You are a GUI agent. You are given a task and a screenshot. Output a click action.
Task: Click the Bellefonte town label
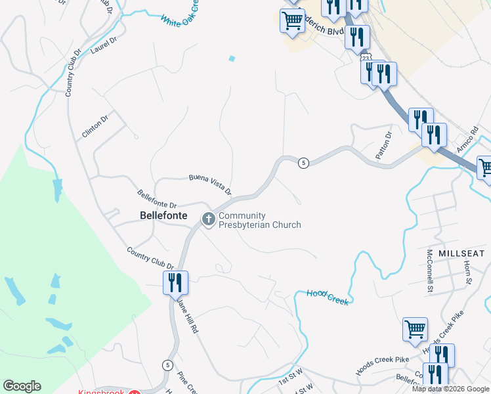point(163,215)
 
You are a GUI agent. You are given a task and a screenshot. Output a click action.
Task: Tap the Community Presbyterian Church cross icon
point(209,219)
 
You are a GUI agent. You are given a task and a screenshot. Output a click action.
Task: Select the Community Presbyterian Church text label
point(259,220)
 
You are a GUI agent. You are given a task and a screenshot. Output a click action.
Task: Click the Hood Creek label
point(327,296)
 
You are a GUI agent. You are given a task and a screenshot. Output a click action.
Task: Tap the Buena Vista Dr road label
point(210,184)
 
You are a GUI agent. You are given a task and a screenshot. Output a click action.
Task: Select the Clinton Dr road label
point(95,124)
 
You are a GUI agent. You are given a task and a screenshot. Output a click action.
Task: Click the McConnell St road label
point(431,271)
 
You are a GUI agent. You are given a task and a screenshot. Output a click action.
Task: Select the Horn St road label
point(468,271)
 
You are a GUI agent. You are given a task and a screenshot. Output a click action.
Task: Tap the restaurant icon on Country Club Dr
point(175,282)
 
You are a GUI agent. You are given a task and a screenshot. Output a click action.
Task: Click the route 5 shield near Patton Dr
point(303,163)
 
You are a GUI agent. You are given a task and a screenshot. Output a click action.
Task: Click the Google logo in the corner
point(22,386)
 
